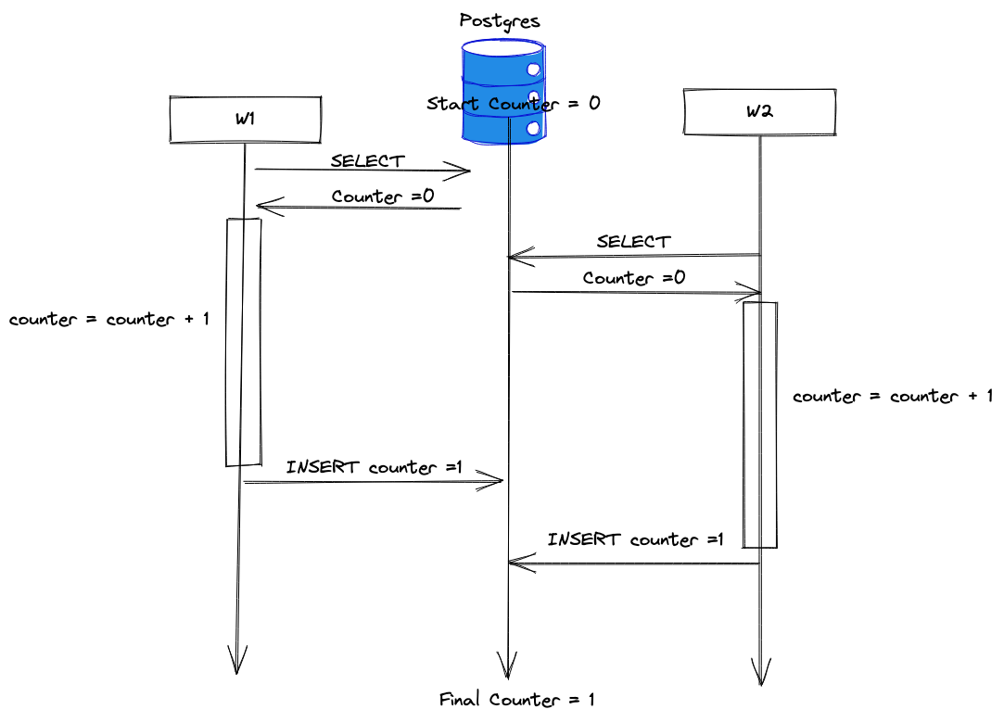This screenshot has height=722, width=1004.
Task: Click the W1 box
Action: [x=245, y=120]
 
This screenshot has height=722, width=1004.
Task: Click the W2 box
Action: [x=759, y=112]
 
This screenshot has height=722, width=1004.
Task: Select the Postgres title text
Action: [x=500, y=19]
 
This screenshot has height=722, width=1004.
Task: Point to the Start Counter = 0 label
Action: [x=513, y=104]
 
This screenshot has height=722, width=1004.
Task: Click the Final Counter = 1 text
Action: [x=516, y=700]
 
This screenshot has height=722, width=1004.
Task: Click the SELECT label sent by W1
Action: [x=368, y=160]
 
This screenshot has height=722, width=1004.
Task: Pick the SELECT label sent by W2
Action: [x=633, y=241]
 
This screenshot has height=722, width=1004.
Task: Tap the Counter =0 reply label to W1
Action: [x=383, y=196]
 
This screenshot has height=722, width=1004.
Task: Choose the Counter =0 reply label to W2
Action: [x=634, y=278]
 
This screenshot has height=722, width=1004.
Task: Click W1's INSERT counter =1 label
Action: [x=374, y=467]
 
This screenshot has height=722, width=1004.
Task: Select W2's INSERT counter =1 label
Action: [x=635, y=539]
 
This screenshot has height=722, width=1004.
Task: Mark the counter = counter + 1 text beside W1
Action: [x=109, y=320]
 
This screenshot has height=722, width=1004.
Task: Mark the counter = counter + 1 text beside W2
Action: [x=893, y=397]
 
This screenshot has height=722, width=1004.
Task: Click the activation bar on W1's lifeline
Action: [x=244, y=342]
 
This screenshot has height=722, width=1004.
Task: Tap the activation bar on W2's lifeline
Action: [x=759, y=424]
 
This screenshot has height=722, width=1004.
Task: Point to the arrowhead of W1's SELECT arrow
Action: [x=463, y=171]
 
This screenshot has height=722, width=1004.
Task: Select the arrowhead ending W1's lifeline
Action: [x=238, y=663]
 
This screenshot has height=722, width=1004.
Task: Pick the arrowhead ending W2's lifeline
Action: [x=761, y=674]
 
